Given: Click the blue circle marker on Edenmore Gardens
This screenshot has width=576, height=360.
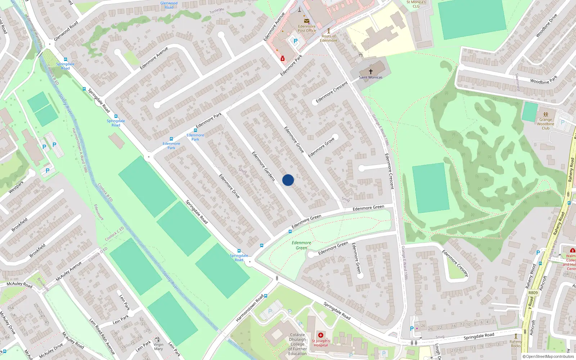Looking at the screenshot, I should point(288,180).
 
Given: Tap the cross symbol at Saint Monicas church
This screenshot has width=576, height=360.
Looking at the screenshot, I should point(370,72).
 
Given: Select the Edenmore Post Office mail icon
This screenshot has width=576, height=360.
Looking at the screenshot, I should point(307,21).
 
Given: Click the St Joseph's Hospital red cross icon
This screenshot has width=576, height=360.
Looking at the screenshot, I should point(321,335).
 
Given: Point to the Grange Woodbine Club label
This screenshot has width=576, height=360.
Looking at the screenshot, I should point(545,124).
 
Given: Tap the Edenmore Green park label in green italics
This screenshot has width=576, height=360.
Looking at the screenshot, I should point(301,245).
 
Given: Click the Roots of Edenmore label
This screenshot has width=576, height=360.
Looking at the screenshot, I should point(329,38).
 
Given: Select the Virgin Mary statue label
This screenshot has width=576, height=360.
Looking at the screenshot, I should point(158,346).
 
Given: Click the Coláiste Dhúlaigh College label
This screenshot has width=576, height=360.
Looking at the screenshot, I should point(298,344).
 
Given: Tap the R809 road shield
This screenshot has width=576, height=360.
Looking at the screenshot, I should point(533,293).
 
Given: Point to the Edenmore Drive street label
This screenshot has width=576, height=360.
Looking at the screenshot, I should point(229,186).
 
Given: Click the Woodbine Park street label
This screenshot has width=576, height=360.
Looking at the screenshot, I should point(544,80).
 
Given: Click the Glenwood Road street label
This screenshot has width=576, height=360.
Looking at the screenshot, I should point(66,31).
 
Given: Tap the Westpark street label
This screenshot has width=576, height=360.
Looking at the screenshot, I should point(16,187).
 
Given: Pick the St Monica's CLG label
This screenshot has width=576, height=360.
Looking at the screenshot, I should point(416,4).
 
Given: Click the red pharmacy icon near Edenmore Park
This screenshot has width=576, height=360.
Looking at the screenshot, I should point(283,58).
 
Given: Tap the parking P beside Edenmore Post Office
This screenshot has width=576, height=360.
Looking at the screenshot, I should point(296,41).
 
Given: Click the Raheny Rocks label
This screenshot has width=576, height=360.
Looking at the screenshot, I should point(516,344).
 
